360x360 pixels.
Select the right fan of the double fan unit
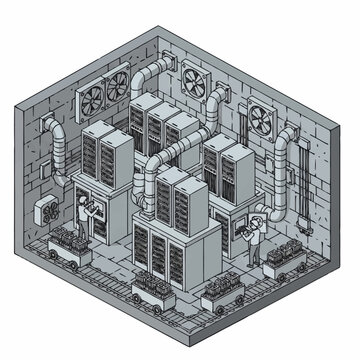pos(117,83)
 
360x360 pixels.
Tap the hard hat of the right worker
pos(259,217)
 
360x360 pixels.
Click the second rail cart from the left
pos(144,291)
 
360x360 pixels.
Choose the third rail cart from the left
pos(220,297)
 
